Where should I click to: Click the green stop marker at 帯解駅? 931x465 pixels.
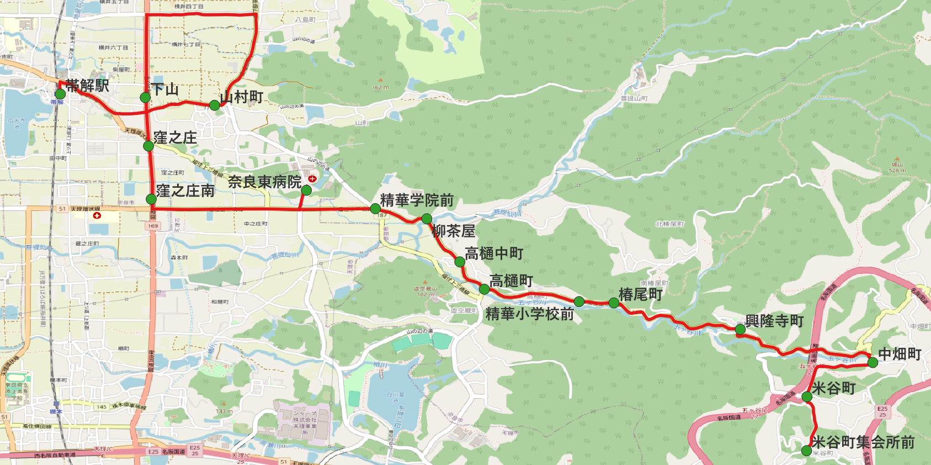click(x=60, y=94)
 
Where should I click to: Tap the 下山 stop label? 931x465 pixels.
click(x=164, y=89)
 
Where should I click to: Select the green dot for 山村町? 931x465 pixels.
click(x=215, y=105)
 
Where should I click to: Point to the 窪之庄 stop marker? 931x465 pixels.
click(x=148, y=146)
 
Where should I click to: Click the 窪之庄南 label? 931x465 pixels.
click(x=185, y=191)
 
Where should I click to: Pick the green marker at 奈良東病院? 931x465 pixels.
click(x=306, y=190)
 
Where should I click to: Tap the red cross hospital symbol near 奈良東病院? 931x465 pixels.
click(x=312, y=178)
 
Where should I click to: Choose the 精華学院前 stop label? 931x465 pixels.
click(x=417, y=200)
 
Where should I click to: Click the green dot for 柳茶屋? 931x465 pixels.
click(x=427, y=219)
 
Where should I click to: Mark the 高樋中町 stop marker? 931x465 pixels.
click(x=460, y=262)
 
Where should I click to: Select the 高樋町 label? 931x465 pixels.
click(x=511, y=281)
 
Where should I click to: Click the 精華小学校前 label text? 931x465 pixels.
click(x=529, y=314)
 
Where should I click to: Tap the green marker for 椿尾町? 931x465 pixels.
click(x=614, y=303)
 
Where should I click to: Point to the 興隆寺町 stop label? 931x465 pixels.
click(x=774, y=321)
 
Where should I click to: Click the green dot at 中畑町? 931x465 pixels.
click(x=873, y=363)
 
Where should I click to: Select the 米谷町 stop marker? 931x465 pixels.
click(x=807, y=397)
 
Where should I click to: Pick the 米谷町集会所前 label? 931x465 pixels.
click(x=863, y=442)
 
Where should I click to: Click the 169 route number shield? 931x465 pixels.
click(x=153, y=226)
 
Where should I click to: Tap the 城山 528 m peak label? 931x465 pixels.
click(x=897, y=167)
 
